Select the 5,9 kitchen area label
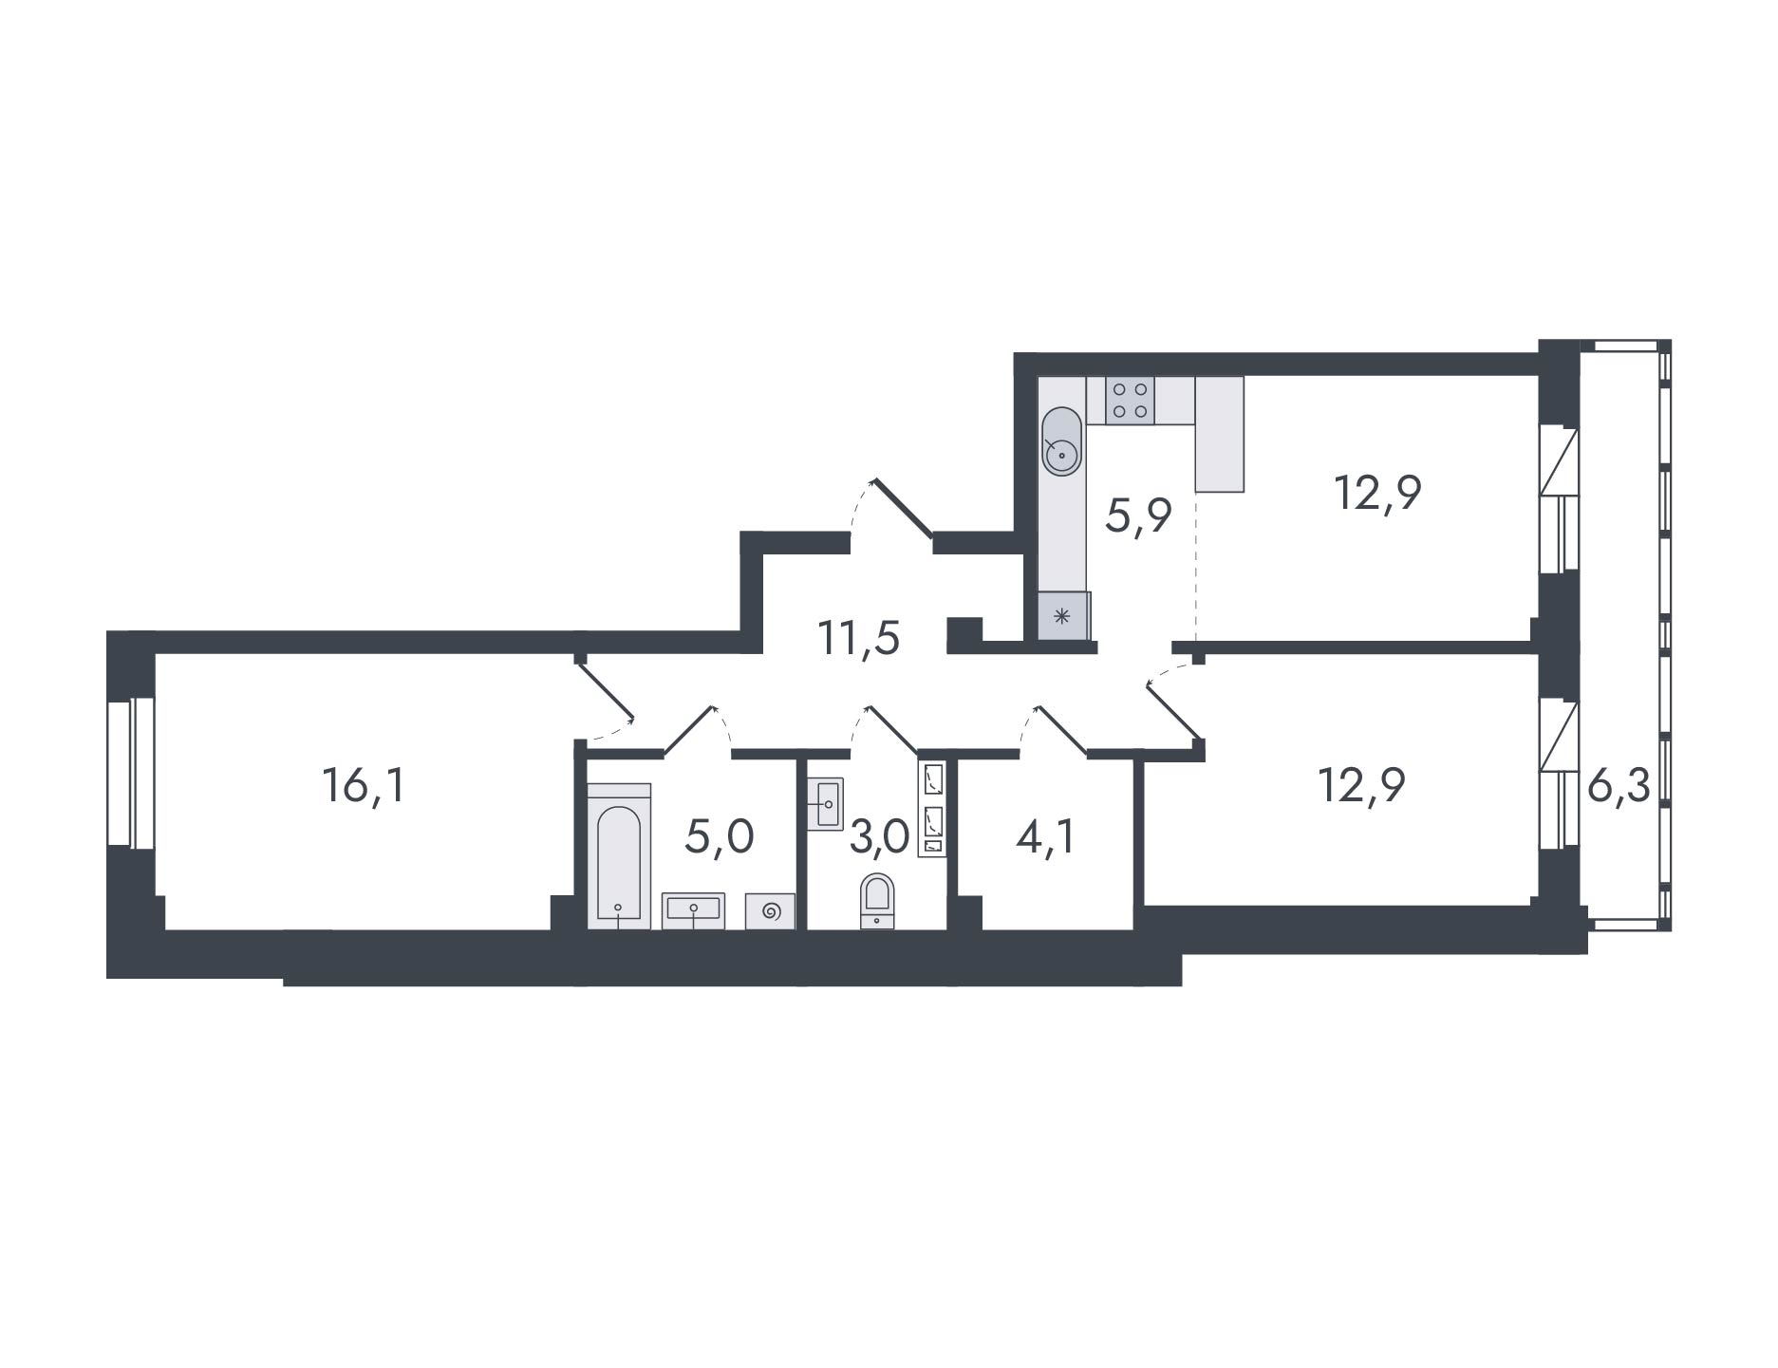(x=1139, y=516)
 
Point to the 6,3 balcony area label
(x=1619, y=787)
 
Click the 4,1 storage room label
(x=1047, y=838)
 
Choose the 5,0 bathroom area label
(x=720, y=838)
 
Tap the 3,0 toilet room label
(x=879, y=838)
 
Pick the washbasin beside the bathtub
(x=693, y=909)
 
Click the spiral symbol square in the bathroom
(x=770, y=911)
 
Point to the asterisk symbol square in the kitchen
(x=1062, y=615)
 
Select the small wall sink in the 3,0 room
(x=825, y=804)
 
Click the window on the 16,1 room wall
(x=130, y=772)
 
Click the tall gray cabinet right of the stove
(x=1220, y=434)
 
